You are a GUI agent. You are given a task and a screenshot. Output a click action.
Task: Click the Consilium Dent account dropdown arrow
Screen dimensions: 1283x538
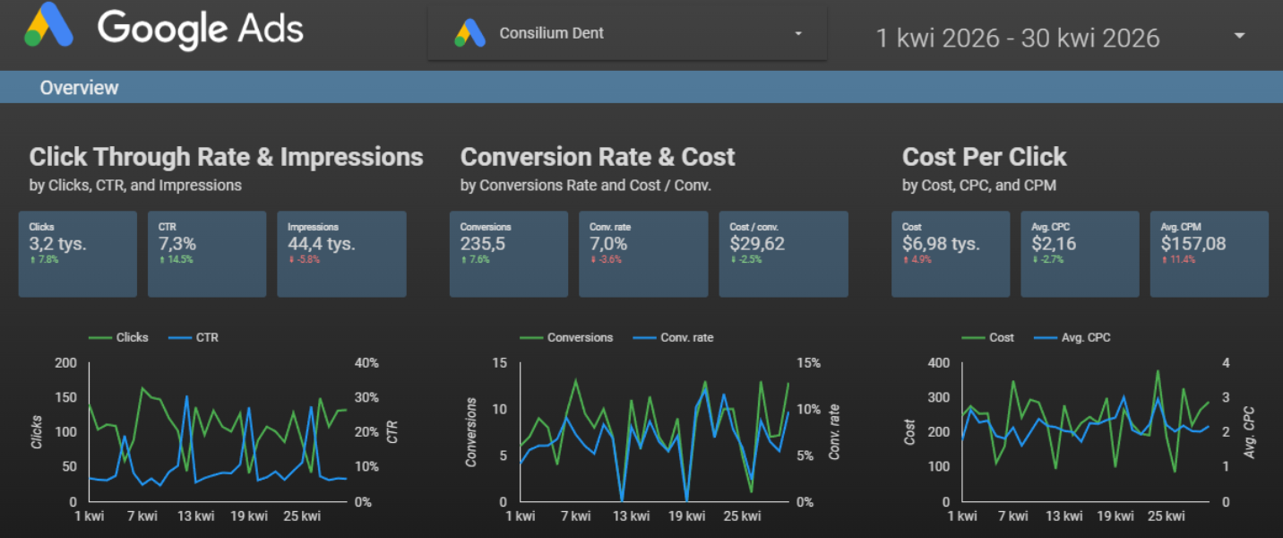click(798, 34)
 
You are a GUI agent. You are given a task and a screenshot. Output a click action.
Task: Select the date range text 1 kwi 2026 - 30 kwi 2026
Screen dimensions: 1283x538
click(1017, 39)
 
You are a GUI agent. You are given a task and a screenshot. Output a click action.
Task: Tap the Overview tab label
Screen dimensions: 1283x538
click(79, 88)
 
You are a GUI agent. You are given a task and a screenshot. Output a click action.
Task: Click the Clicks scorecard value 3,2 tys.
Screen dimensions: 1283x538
click(58, 244)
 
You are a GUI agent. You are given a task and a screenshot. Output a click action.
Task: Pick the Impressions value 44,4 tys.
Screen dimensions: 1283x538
click(322, 244)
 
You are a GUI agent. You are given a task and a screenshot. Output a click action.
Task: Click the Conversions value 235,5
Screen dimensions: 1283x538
click(483, 244)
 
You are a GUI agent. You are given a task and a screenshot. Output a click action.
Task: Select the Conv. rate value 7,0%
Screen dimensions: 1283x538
click(608, 244)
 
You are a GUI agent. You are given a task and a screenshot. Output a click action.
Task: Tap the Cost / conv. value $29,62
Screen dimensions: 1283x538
click(757, 244)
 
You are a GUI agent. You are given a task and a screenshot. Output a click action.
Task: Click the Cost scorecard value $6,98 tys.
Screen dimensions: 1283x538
click(941, 244)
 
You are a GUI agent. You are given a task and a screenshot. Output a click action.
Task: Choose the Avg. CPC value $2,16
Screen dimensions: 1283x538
click(1054, 244)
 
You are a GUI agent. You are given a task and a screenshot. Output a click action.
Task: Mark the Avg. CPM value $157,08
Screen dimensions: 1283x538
click(1193, 244)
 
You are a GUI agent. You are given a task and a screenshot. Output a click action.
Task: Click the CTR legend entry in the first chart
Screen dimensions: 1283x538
click(194, 337)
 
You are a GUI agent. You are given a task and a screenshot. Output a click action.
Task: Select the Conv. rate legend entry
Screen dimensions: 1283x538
click(673, 337)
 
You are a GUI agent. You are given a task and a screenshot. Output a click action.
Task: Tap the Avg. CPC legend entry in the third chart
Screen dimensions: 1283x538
click(1072, 337)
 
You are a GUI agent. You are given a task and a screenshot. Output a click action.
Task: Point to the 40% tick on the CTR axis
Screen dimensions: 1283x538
click(366, 362)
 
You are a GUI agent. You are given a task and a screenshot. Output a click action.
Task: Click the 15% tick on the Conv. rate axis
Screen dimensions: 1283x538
click(808, 362)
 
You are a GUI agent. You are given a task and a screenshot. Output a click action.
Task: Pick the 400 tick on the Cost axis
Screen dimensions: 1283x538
click(938, 362)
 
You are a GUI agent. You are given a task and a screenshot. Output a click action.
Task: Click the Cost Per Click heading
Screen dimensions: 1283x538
click(984, 157)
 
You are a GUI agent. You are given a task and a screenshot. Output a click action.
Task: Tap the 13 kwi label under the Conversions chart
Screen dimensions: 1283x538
click(631, 516)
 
